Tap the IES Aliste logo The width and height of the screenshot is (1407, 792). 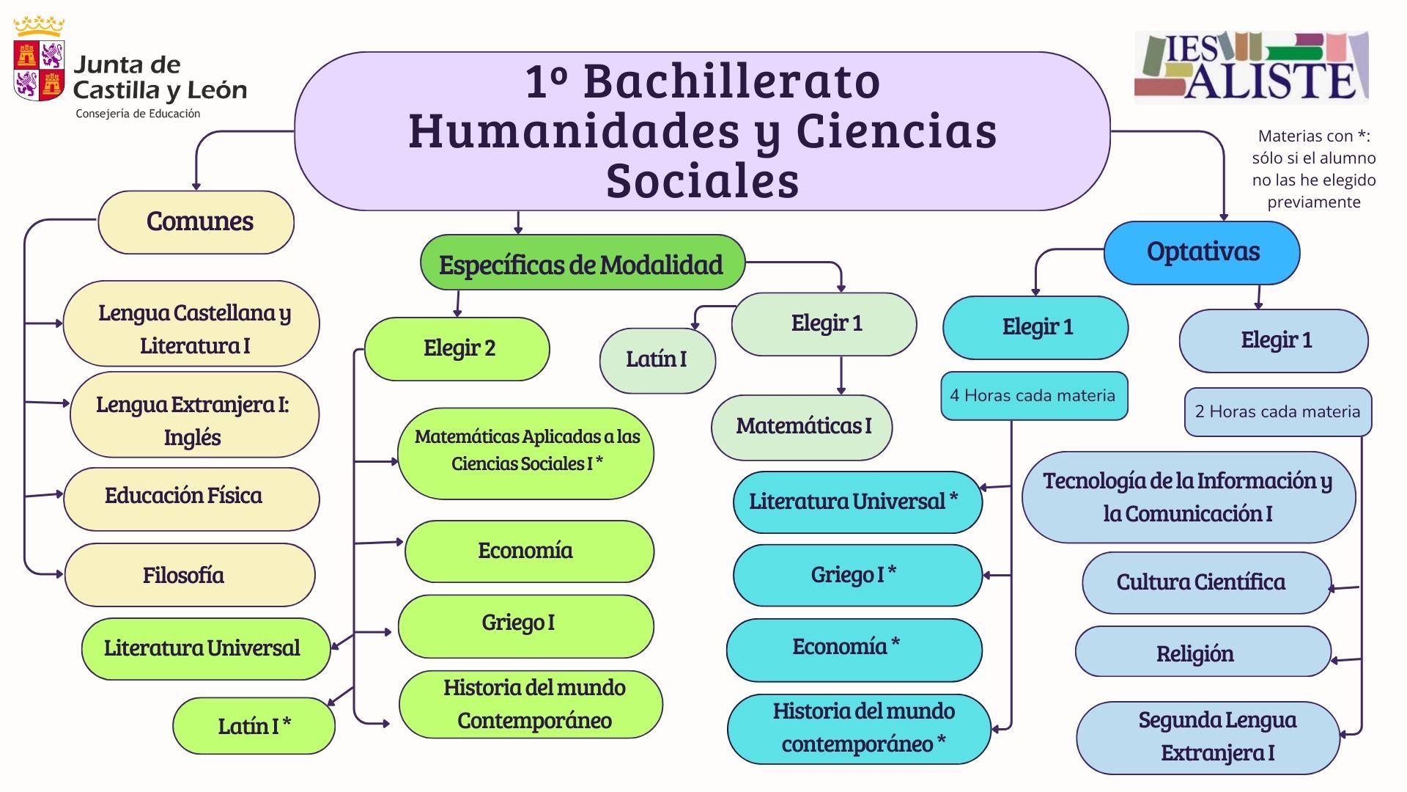coord(1252,67)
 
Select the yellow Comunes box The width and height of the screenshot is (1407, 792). coord(196,222)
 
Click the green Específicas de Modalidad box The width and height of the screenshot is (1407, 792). coord(582,264)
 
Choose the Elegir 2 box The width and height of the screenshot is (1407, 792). coord(458,348)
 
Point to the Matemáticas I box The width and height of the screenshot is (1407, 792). coord(802,427)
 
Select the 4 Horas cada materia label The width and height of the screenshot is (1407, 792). coord(1033,396)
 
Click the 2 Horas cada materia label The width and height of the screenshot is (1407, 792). coord(1277,412)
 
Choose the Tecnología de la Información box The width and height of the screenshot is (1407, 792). coord(1188,497)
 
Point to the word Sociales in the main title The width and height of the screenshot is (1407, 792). coord(702,181)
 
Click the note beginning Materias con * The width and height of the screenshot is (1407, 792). coord(1313,169)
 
